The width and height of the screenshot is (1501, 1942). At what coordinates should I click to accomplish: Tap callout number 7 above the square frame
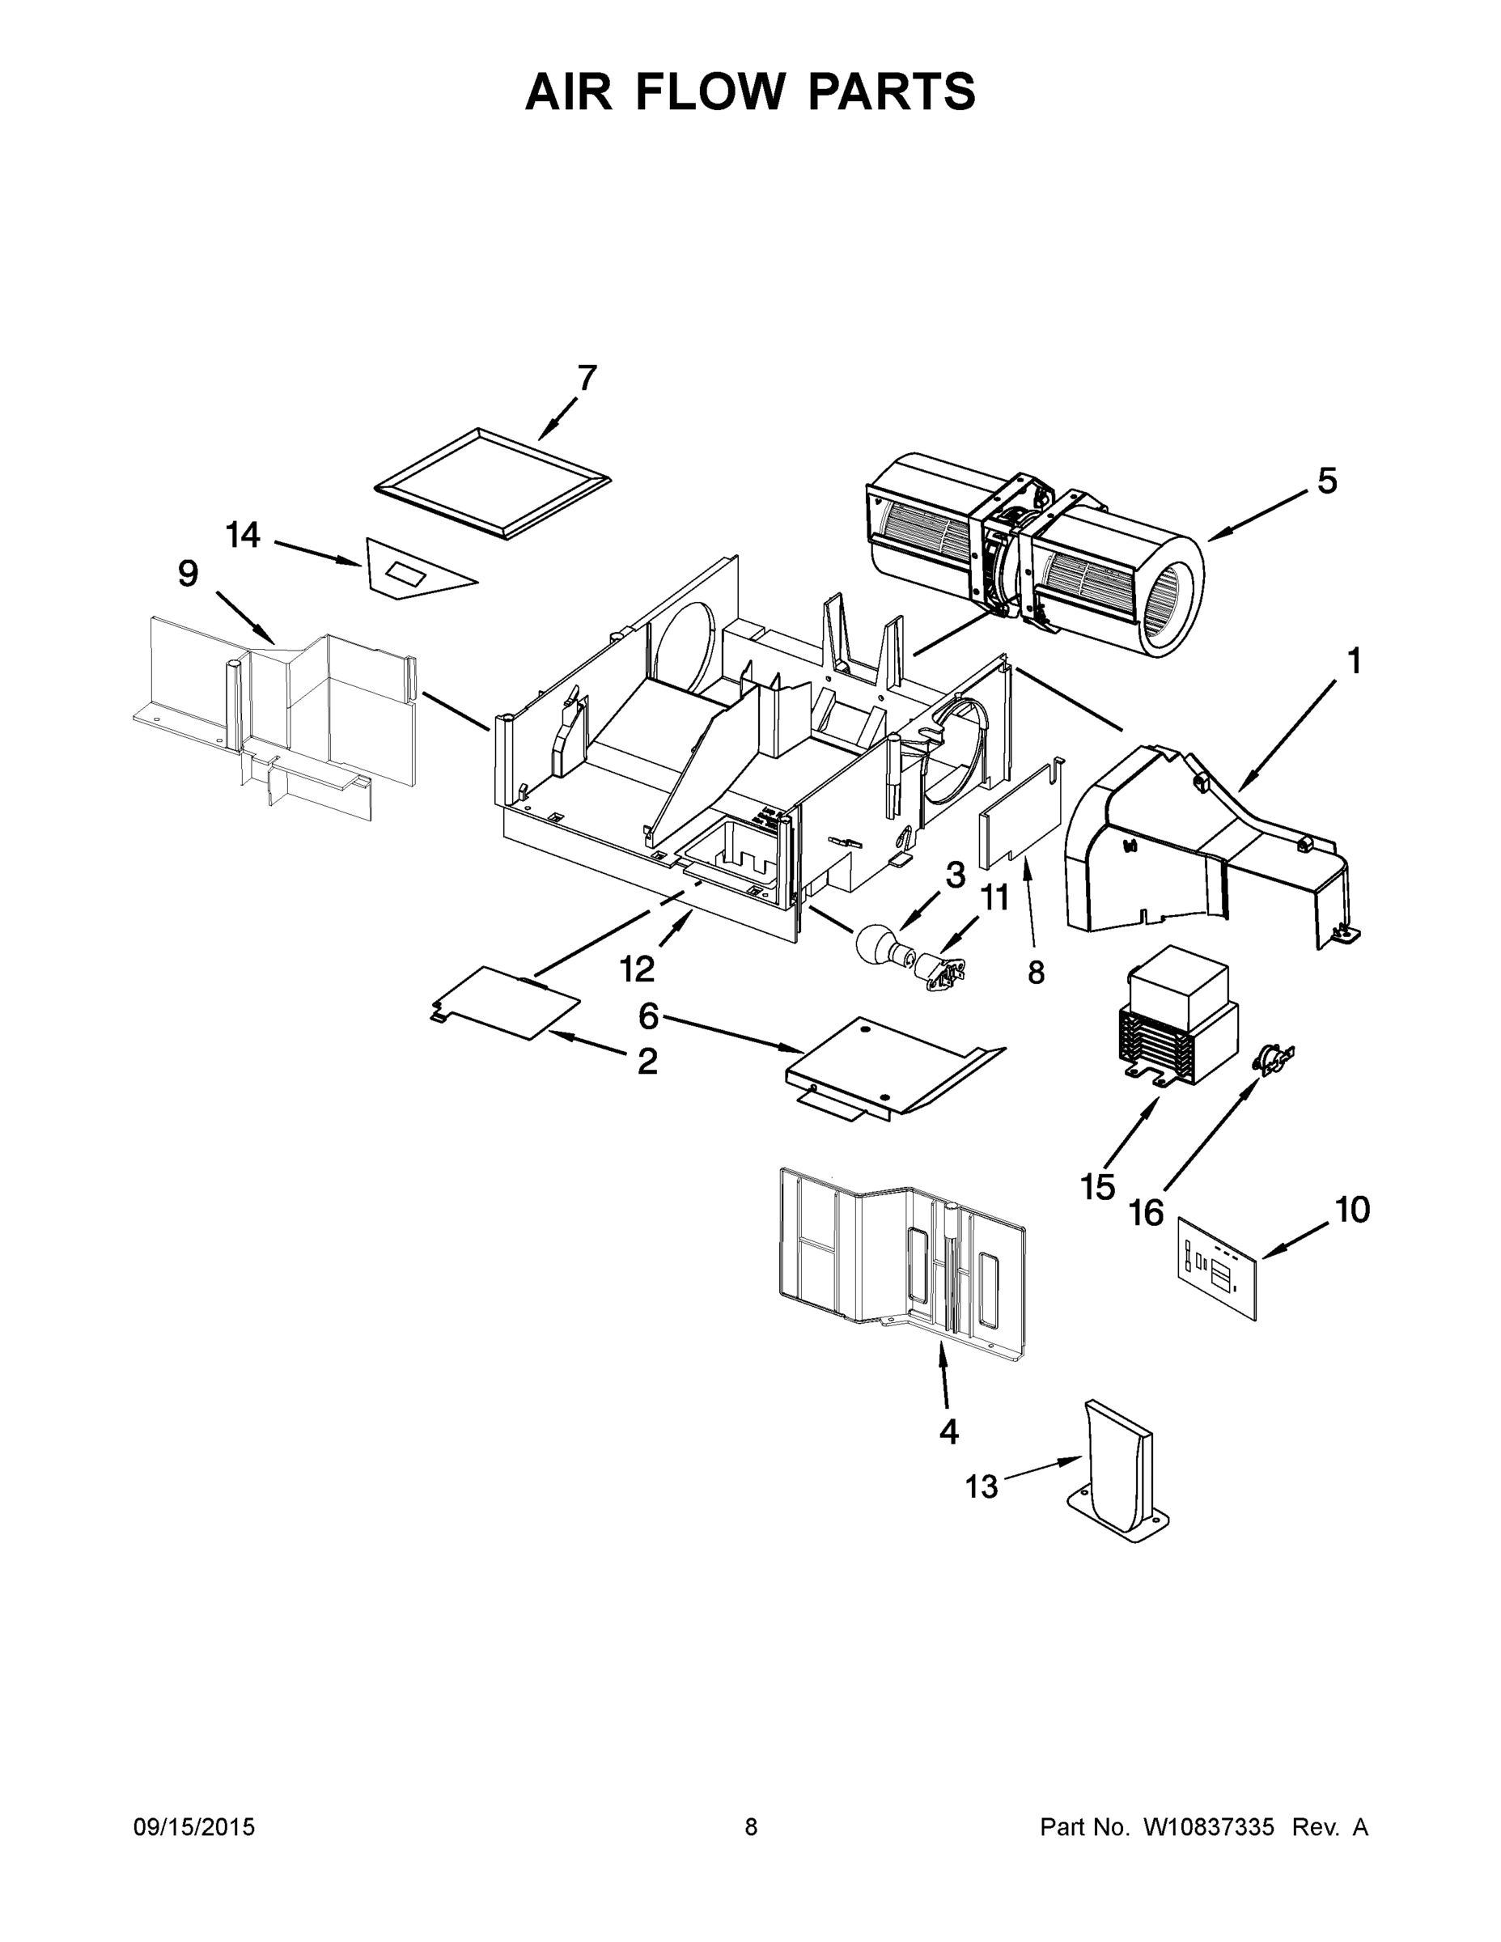pyautogui.click(x=587, y=378)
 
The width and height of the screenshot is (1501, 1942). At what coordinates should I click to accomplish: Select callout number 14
pyautogui.click(x=243, y=536)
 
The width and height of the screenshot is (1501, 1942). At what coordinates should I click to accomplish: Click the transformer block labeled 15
pyautogui.click(x=1177, y=1014)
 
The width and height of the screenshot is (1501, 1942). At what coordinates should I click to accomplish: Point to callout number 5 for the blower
pyautogui.click(x=1326, y=481)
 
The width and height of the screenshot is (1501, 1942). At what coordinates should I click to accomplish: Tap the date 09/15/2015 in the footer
pyautogui.click(x=194, y=1826)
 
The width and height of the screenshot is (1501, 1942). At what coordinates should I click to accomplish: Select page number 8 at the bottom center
pyautogui.click(x=751, y=1826)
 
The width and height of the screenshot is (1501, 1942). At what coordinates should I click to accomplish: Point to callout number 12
pyautogui.click(x=637, y=969)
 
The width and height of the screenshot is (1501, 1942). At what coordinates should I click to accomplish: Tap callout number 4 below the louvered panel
pyautogui.click(x=949, y=1431)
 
